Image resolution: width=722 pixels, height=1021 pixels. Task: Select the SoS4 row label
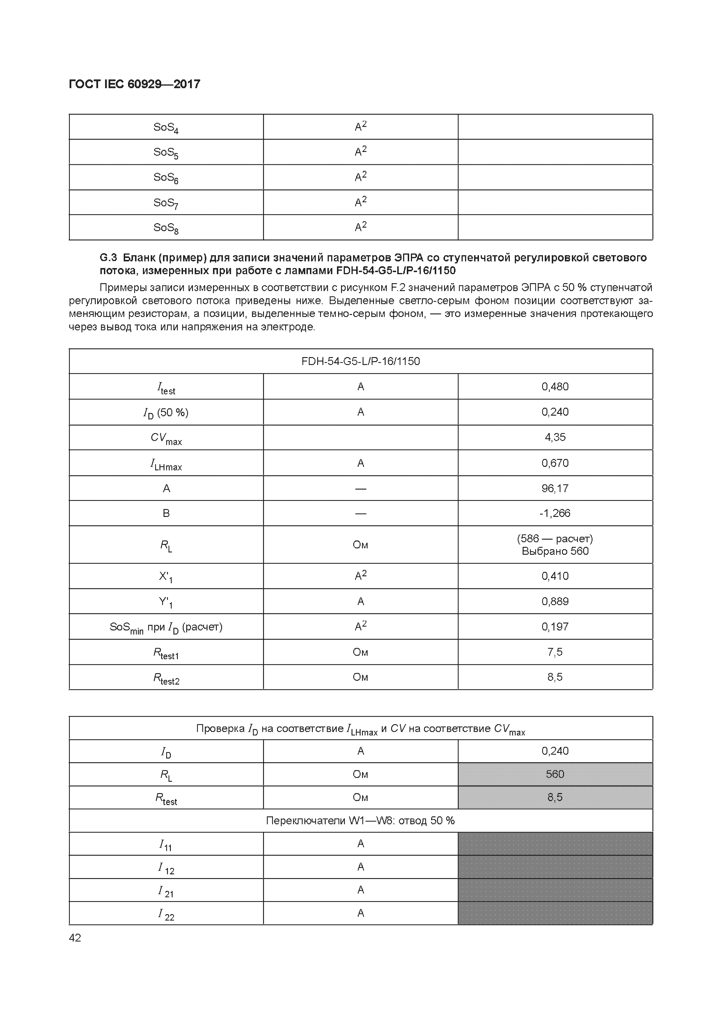[x=166, y=127]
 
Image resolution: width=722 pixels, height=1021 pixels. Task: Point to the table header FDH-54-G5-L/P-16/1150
[x=361, y=361]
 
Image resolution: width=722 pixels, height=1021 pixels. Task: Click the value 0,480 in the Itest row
[x=555, y=387]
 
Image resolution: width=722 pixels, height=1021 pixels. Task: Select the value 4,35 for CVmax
[x=555, y=437]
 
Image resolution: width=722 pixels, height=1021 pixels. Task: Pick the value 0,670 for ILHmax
[x=555, y=463]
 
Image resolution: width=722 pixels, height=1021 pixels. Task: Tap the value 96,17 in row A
[x=555, y=488]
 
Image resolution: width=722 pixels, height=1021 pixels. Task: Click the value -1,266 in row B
[x=555, y=513]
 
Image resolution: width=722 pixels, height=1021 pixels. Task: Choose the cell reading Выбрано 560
[x=555, y=552]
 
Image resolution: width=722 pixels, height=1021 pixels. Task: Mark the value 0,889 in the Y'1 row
[x=555, y=601]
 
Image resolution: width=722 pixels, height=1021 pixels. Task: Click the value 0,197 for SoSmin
[x=555, y=627]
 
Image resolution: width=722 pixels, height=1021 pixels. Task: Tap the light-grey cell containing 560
[x=555, y=774]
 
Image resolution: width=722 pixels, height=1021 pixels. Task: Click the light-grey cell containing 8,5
[x=555, y=797]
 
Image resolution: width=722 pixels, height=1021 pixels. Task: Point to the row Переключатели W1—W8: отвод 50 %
[x=361, y=820]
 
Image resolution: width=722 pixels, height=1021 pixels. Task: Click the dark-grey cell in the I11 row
[x=555, y=843]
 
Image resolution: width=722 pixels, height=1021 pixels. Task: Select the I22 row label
[x=166, y=913]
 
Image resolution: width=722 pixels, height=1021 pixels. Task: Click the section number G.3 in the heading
[x=108, y=258]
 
